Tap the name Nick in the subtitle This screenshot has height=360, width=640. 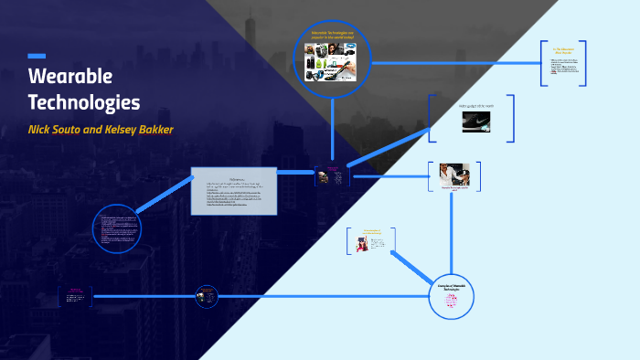click(43, 129)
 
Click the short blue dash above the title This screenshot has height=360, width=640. click(37, 57)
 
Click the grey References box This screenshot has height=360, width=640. click(233, 191)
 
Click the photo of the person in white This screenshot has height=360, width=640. click(455, 175)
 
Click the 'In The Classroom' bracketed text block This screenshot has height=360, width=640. click(562, 64)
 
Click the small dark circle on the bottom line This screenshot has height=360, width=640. click(208, 296)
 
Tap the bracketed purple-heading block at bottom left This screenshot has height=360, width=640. click(75, 296)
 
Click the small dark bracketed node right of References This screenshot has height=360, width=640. click(332, 175)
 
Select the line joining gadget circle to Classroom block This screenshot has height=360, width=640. click(457, 63)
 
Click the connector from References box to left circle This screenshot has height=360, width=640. click(165, 196)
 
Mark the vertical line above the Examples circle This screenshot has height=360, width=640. click(453, 233)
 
